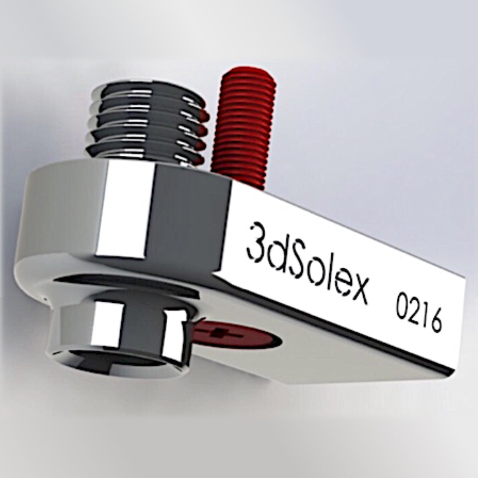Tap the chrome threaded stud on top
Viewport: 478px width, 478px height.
click(147, 127)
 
